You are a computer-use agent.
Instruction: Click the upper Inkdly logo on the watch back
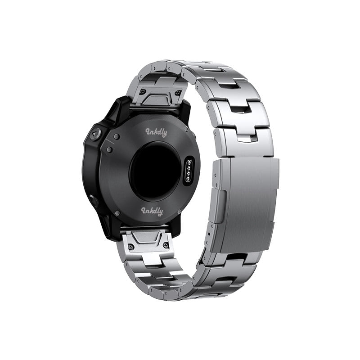coord(156,132)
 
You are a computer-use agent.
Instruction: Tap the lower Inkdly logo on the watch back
coord(152,211)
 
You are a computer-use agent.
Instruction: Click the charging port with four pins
coord(189,170)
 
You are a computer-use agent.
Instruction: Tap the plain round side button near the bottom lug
coord(94,200)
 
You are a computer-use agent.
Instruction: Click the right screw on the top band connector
coord(177,93)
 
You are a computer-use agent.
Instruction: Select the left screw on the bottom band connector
coord(131,247)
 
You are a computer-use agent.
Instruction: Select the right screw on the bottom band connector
coord(165,245)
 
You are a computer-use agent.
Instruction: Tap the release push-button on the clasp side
coord(218,206)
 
